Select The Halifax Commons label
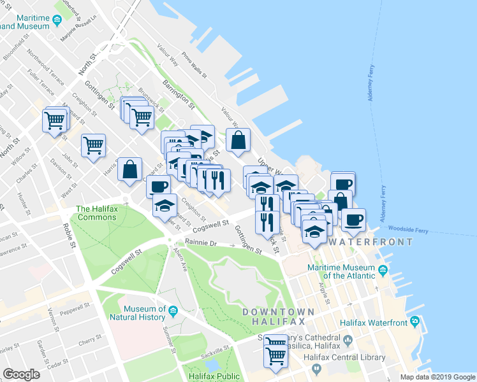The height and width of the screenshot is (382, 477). (x=96, y=213)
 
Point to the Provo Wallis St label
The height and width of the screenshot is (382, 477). (x=195, y=64)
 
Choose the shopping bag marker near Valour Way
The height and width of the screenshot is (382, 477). (x=238, y=141)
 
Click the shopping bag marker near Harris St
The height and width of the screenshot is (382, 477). (x=129, y=170)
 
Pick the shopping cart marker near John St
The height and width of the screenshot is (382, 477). (x=94, y=145)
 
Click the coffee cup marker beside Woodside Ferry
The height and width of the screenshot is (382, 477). (x=353, y=220)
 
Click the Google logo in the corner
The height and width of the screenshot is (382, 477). (x=22, y=374)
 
